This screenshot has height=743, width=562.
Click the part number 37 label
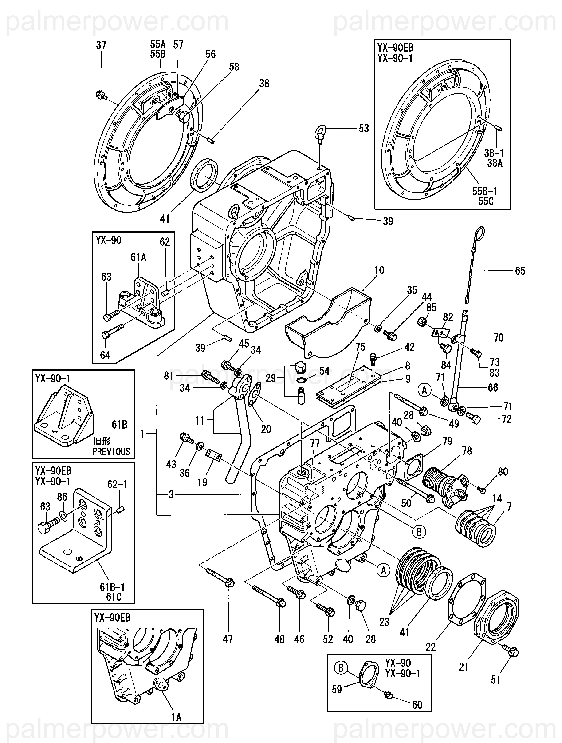101,45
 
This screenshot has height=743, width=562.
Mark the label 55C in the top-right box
486,201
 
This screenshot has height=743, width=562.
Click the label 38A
495,163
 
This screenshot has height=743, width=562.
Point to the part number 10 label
379,270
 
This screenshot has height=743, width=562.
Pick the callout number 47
228,639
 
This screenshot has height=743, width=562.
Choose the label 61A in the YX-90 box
138,258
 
